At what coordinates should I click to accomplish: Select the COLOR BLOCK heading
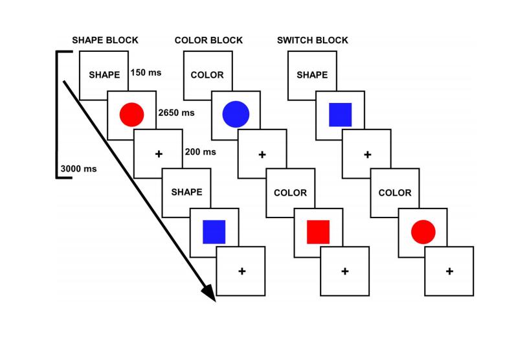(x=208, y=40)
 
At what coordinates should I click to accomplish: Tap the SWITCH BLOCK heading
(x=313, y=40)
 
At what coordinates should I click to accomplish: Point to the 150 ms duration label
(x=146, y=73)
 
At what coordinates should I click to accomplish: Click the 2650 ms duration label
(x=176, y=113)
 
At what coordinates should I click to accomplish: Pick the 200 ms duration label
(x=200, y=152)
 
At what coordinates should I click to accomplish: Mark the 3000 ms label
(x=78, y=169)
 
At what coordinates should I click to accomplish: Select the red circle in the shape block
(x=131, y=114)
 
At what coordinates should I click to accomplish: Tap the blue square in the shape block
(x=214, y=231)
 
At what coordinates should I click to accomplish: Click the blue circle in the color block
(x=236, y=114)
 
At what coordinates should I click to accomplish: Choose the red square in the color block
(x=319, y=231)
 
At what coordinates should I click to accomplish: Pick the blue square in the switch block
(x=340, y=114)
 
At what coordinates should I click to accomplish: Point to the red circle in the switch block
(x=423, y=231)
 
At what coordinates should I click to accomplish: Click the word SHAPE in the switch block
(x=312, y=74)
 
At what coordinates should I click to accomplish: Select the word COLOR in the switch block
(x=395, y=192)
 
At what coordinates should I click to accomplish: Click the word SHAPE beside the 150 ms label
(x=104, y=74)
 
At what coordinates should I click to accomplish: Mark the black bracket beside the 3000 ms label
(x=56, y=113)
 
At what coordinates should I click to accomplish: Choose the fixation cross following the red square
(x=345, y=271)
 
